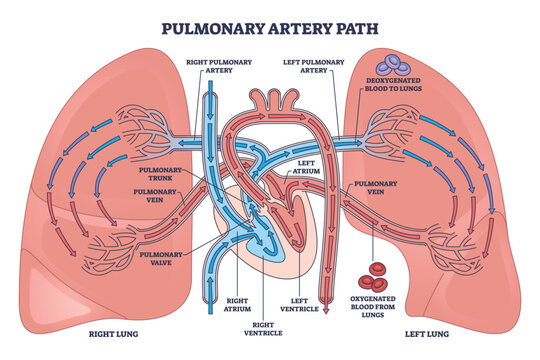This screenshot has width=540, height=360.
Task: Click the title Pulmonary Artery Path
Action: [x=269, y=26]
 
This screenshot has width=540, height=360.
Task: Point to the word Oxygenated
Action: [x=379, y=295]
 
